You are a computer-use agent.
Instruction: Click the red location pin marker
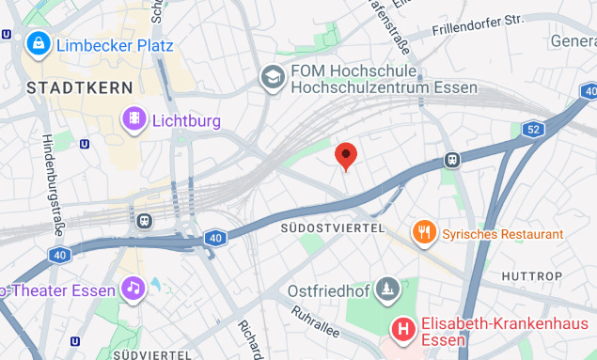coord(346,156)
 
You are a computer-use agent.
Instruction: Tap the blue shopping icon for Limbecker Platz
coord(39,42)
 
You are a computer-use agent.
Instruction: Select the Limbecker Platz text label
coord(114,44)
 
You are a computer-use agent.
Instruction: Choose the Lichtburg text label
coord(185,120)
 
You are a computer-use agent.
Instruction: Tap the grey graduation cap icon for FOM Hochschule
coord(273,77)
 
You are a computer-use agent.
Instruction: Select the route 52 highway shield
coord(534,129)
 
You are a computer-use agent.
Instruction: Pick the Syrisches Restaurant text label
coord(503,233)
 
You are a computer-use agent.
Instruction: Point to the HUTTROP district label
coord(531,276)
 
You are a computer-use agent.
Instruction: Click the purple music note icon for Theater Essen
coord(134,288)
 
